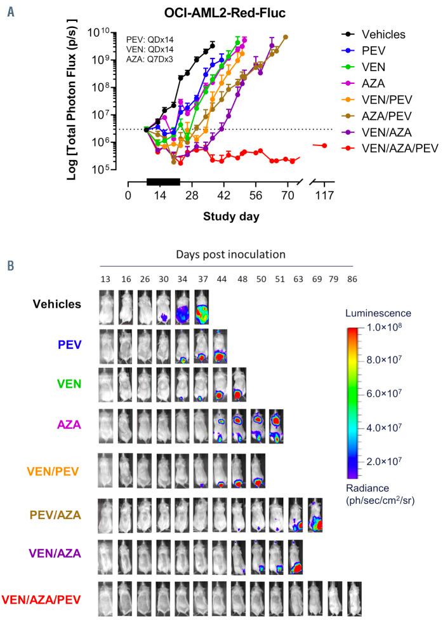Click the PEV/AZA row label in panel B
point(55,515)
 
